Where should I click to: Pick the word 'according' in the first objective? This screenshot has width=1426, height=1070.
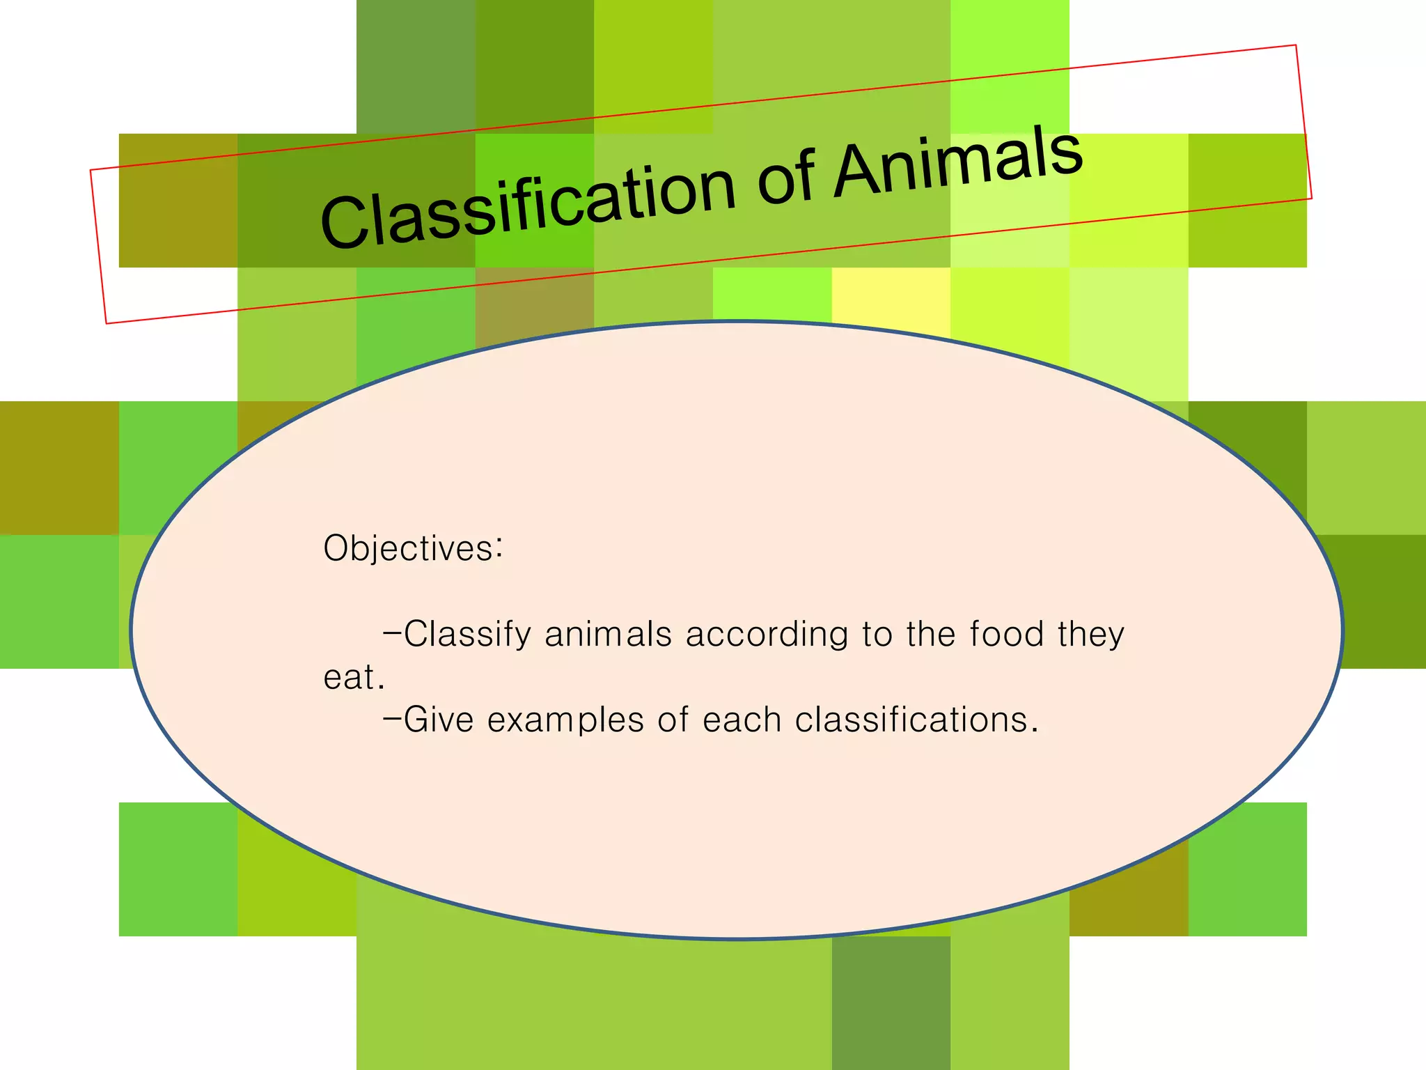767,635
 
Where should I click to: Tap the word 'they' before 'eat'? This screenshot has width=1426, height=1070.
1090,635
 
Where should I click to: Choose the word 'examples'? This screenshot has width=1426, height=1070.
565,721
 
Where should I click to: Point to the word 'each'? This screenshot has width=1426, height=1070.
742,720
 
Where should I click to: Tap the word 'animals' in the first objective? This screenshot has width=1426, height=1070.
608,635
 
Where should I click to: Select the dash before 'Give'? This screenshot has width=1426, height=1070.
392,718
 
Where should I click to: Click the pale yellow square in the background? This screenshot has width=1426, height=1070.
891,296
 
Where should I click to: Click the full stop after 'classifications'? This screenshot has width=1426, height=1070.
1035,731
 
